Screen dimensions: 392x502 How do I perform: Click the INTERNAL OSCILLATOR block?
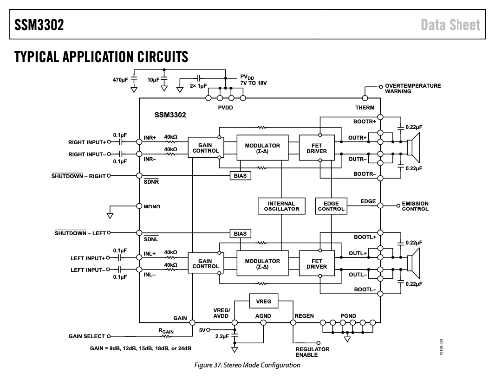281,206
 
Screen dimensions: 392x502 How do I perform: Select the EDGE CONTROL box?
331,206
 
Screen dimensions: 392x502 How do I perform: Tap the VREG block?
264,302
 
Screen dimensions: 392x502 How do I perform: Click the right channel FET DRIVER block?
316,148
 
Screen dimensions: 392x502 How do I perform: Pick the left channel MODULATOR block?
262,264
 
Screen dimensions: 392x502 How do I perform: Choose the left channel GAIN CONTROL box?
205,264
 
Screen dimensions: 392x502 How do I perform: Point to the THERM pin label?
365,108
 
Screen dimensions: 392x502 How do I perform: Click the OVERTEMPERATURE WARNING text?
412,89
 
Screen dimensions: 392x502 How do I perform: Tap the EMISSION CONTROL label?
415,206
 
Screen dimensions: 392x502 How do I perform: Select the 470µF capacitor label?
120,80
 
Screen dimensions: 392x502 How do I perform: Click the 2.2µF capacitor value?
222,336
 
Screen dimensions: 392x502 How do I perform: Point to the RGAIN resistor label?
166,331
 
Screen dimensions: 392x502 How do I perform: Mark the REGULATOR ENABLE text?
312,352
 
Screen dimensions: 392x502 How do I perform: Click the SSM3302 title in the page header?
39,25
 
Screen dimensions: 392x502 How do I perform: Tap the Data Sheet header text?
450,25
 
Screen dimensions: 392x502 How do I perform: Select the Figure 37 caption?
247,365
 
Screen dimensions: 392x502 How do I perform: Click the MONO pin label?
152,206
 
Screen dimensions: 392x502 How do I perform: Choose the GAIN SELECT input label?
87,337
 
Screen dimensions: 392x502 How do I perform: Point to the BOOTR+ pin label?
365,122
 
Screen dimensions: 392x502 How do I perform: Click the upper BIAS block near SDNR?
240,176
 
